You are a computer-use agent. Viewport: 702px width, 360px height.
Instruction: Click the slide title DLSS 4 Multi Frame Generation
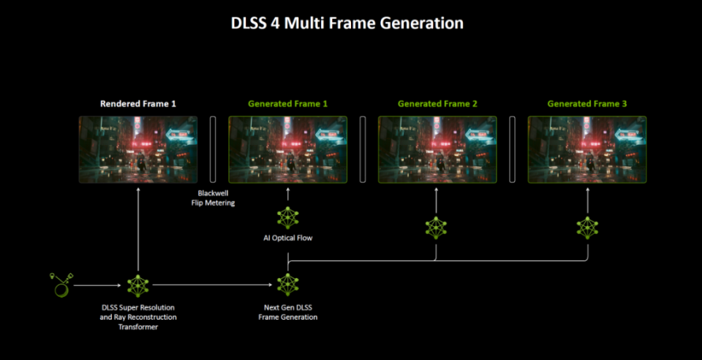point(347,23)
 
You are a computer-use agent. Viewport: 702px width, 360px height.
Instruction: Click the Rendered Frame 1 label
point(138,104)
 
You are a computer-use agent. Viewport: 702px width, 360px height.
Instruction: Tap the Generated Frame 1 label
point(288,104)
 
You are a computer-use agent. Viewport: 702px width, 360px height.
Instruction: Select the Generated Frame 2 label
point(437,104)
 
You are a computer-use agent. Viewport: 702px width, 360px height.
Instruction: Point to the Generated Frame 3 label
point(587,104)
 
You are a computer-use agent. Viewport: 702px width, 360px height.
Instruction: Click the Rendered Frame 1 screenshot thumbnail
point(138,149)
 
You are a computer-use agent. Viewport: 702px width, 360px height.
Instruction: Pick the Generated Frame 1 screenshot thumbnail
point(288,149)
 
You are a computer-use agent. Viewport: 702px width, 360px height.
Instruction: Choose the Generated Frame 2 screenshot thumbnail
point(437,149)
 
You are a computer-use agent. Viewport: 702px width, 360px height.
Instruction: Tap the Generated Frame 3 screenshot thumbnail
point(587,149)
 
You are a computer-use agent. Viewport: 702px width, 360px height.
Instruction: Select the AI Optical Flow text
point(288,238)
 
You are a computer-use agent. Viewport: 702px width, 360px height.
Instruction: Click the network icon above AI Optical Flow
point(288,218)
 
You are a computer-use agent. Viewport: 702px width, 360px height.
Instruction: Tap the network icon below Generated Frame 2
point(436,228)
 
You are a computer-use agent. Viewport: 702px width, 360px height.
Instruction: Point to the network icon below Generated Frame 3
point(587,228)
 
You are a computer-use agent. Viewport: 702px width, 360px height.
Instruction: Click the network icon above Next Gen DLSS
point(288,285)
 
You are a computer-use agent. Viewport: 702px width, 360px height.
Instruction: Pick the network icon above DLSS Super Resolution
point(138,286)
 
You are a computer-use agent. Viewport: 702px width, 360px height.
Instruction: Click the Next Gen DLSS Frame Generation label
point(288,312)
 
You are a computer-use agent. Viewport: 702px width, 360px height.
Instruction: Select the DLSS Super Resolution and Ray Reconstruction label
point(138,317)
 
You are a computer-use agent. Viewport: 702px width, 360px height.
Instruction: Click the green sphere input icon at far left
point(61,285)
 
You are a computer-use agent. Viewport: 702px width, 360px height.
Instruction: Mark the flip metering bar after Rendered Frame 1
point(213,149)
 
